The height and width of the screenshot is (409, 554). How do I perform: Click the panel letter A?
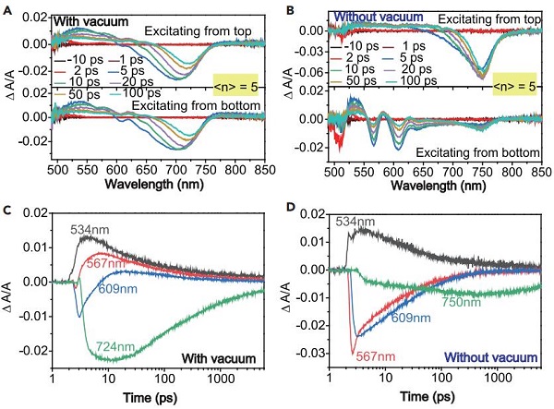[6, 9]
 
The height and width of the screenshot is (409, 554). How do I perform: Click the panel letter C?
[6, 209]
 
